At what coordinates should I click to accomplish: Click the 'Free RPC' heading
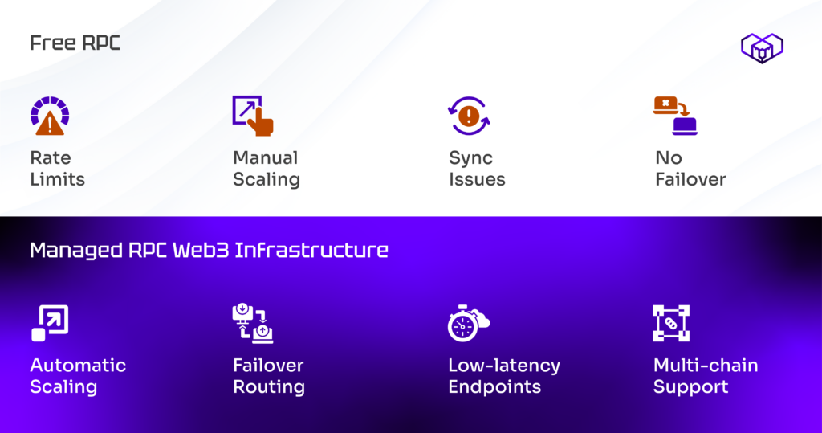pos(75,43)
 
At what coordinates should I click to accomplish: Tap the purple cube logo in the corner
pos(762,48)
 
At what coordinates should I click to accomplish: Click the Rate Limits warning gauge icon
pos(50,116)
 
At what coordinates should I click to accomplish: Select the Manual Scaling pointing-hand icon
pos(253,116)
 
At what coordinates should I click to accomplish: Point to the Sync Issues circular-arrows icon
pos(469,116)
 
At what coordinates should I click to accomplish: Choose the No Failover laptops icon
pos(675,116)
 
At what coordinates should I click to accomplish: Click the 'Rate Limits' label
pos(57,169)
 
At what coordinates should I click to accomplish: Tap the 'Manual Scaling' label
pos(267,169)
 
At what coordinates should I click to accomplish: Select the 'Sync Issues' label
pos(477,169)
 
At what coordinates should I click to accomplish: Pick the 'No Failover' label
pos(690,169)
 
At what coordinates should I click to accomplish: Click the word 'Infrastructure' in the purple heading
pos(311,251)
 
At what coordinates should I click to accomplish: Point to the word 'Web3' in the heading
pos(201,251)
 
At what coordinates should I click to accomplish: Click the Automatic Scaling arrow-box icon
pos(50,323)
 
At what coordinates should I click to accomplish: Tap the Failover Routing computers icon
pos(253,323)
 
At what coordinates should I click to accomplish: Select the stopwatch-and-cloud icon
pos(469,323)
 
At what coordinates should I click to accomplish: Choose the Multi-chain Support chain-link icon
pos(671,323)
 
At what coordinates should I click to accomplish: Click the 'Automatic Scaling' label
pos(78,376)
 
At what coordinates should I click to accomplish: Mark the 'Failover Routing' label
pos(268,376)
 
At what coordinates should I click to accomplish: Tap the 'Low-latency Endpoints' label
pos(504,376)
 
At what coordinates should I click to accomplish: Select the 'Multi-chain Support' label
pos(706,376)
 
